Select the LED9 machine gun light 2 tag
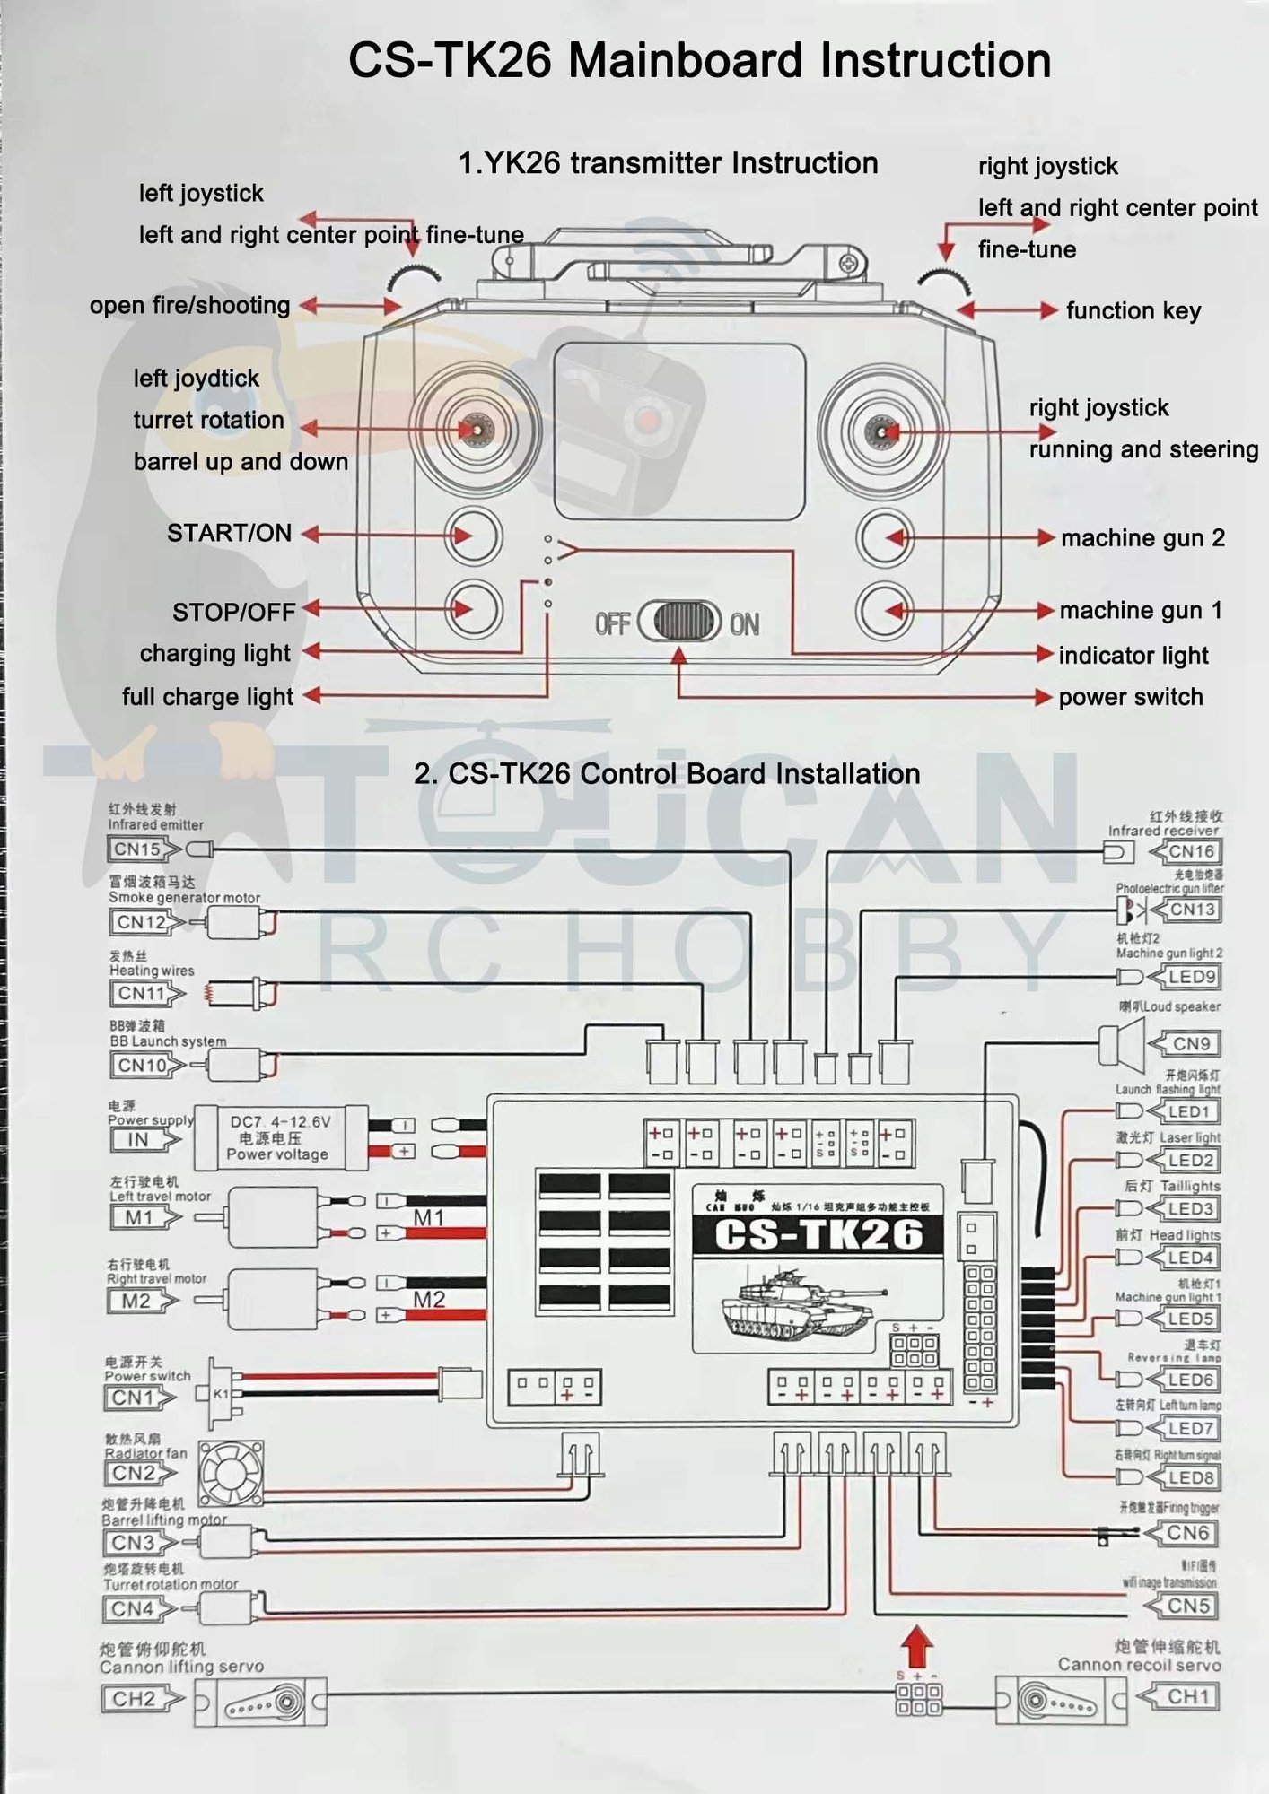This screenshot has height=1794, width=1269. click(x=1189, y=977)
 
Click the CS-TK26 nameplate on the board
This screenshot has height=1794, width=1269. click(x=818, y=1234)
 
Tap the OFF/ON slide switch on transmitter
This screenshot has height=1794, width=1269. click(x=680, y=621)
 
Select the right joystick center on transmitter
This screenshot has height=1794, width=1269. click(x=882, y=432)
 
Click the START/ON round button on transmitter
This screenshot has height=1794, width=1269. click(x=474, y=536)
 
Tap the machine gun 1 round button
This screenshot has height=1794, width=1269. click(x=884, y=611)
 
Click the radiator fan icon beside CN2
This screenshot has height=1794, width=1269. click(x=231, y=1473)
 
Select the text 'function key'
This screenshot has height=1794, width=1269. click(x=1133, y=310)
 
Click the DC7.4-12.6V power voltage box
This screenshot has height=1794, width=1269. click(x=280, y=1137)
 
